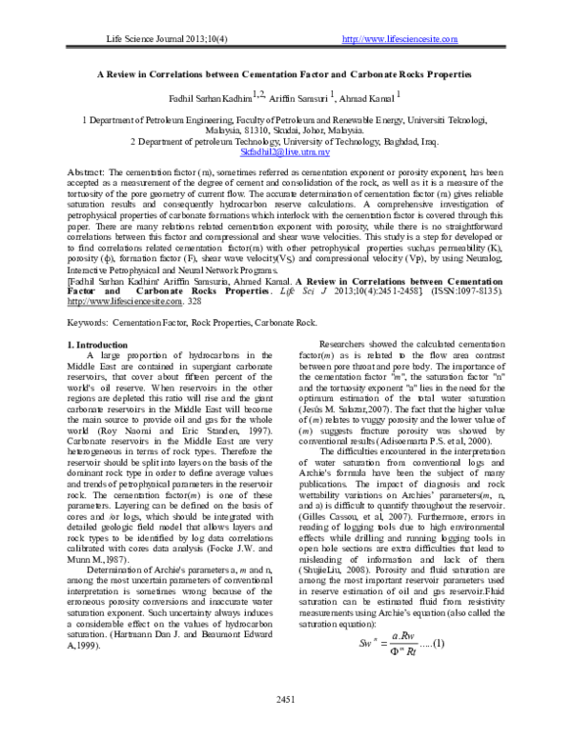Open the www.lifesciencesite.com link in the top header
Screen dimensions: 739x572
coord(399,38)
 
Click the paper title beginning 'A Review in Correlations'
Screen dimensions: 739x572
coord(285,73)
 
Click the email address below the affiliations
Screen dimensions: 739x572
coord(285,151)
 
